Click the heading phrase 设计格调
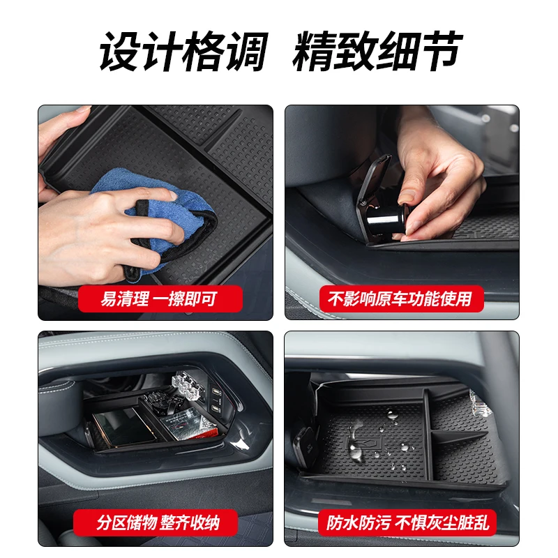pos(183,52)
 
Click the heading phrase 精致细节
pos(377,52)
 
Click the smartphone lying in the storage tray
pos(123,427)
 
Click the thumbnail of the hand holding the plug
pos(402,213)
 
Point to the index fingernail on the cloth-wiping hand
pos(173,195)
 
